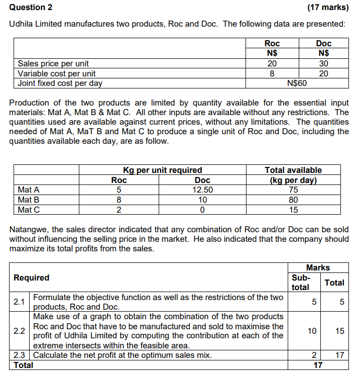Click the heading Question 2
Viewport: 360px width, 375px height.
point(31,8)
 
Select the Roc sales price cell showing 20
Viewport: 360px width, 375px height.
point(272,63)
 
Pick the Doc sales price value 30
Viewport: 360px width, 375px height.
point(324,63)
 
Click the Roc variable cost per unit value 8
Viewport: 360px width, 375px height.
point(272,73)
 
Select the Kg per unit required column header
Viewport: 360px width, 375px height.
point(163,170)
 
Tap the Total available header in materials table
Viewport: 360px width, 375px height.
point(293,170)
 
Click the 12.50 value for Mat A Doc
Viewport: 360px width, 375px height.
point(202,190)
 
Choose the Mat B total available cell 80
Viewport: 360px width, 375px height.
point(293,200)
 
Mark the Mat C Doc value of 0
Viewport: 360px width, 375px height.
point(202,210)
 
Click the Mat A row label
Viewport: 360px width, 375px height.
point(29,190)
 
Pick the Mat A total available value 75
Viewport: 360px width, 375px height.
point(293,190)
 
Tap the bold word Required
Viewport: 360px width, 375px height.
point(32,277)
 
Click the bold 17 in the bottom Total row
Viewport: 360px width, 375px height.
point(317,365)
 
